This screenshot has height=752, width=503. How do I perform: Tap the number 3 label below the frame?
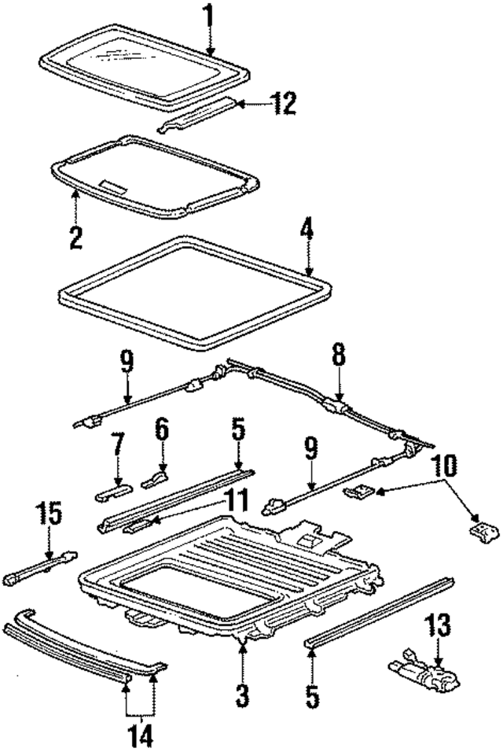[244, 696]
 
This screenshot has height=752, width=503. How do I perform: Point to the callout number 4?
[307, 230]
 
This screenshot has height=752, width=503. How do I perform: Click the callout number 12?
[282, 105]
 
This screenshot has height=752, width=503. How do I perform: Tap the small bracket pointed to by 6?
[155, 479]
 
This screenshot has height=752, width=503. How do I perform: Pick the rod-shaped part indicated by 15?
[40, 563]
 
